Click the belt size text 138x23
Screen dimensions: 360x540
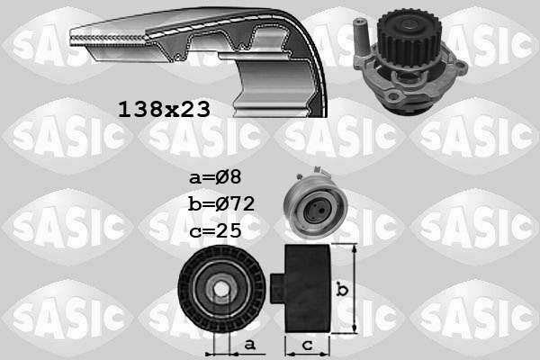click(164, 110)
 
